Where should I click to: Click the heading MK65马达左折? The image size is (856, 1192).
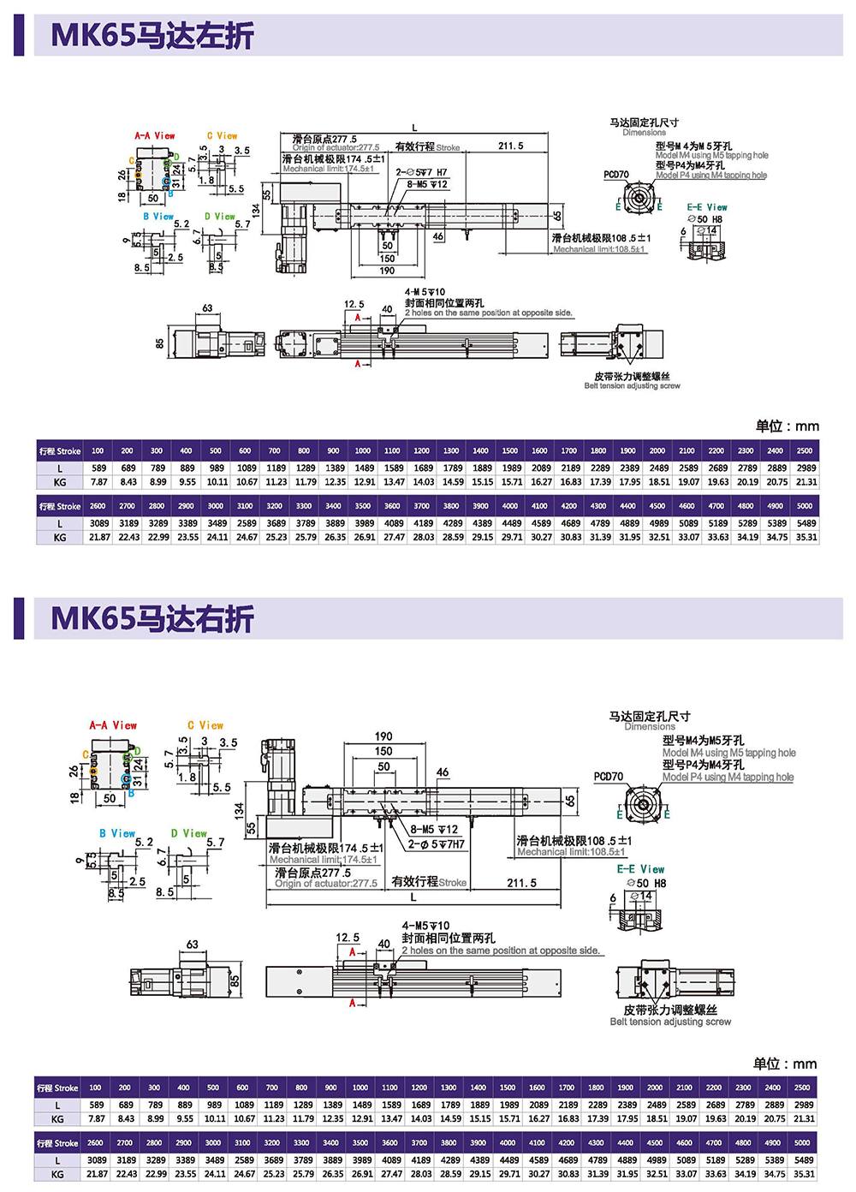(152, 35)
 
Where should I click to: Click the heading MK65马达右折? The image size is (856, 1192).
(152, 618)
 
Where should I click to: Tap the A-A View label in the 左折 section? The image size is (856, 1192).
(154, 136)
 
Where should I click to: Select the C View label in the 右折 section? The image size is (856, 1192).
(205, 725)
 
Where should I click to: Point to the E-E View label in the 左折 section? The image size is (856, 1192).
(707, 207)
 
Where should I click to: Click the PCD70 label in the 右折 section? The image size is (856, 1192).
(609, 777)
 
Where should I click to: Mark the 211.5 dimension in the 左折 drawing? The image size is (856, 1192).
(511, 146)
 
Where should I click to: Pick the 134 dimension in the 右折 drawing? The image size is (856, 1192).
(239, 809)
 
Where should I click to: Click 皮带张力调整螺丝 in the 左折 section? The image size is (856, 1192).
(632, 377)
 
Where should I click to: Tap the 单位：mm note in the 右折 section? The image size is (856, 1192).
(785, 1064)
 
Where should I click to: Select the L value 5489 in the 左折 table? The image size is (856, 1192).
(806, 523)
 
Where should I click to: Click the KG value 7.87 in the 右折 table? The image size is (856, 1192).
(97, 1118)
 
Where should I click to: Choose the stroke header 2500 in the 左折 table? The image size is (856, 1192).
(805, 450)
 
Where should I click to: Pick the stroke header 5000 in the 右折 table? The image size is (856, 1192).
(802, 1142)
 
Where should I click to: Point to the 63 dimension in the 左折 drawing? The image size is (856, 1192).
(207, 308)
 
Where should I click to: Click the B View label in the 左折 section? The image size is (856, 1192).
(158, 217)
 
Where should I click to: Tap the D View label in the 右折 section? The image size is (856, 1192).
(188, 833)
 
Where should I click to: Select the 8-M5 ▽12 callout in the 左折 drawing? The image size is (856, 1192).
(427, 184)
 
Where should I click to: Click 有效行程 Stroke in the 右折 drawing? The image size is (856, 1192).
(429, 882)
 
